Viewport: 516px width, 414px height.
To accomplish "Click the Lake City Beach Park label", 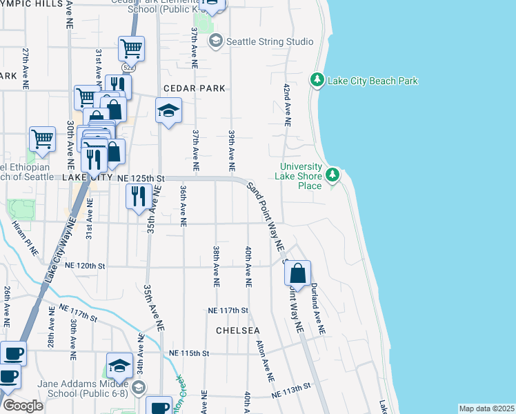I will coord(373,81).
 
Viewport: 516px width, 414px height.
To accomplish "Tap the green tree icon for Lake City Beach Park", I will coord(317,81).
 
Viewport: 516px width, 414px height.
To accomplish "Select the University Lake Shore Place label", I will coord(301,176).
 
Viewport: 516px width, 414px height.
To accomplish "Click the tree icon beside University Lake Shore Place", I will coord(333,174).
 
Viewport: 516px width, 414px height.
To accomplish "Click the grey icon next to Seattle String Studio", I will coord(216,41).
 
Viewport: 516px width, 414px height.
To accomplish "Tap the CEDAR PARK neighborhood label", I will coord(195,88).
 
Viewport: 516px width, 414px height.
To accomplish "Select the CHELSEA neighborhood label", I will coord(238,331).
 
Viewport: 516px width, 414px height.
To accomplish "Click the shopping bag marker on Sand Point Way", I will coord(297,273).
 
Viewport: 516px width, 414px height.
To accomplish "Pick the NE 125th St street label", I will coord(141,178).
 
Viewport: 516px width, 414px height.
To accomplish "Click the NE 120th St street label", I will coord(85,265).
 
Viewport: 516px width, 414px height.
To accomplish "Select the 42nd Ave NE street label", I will coord(286,106).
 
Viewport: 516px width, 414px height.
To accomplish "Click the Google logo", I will coord(23,406).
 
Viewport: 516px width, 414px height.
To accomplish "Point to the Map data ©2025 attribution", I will coord(486,408).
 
